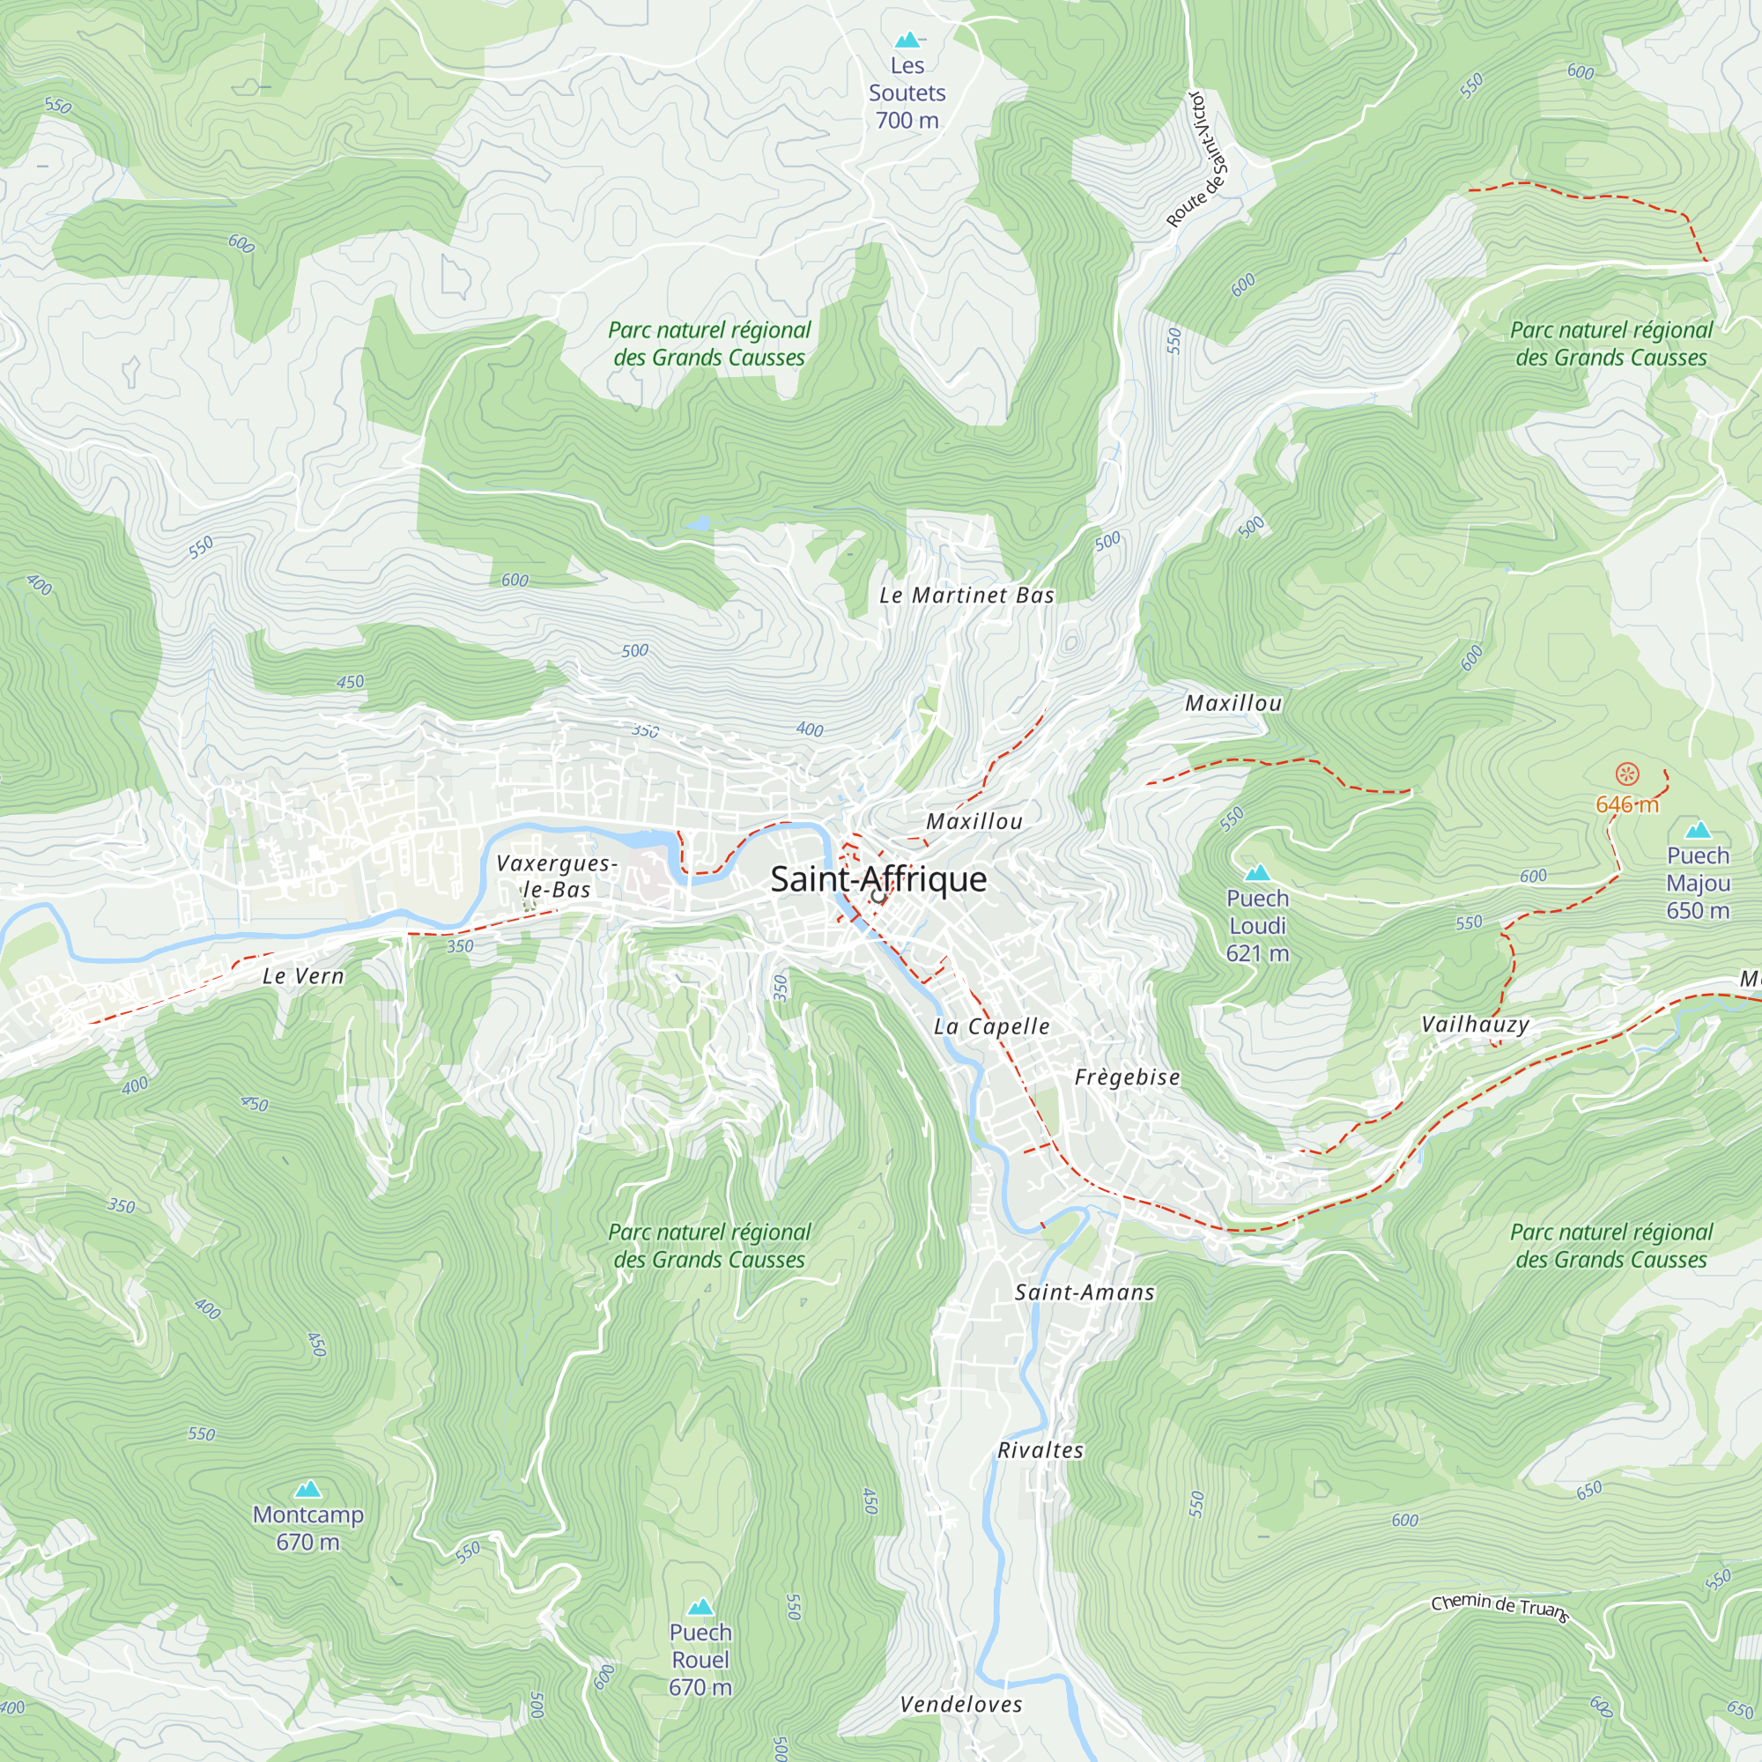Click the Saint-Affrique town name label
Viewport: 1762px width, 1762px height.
(878, 879)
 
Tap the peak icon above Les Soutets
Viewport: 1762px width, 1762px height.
(907, 41)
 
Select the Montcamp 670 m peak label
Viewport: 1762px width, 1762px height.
(308, 1528)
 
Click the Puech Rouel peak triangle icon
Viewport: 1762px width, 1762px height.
(700, 1607)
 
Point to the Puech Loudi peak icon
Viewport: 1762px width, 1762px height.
(1258, 873)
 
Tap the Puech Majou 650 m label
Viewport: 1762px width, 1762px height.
(1698, 883)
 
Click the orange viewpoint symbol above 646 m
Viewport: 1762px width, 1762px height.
(1627, 775)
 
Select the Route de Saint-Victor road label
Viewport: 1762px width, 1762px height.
(1198, 159)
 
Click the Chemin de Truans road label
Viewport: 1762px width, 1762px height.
(1499, 1607)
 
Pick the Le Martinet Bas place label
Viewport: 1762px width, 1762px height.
(966, 596)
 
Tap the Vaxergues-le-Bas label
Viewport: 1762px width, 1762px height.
(556, 877)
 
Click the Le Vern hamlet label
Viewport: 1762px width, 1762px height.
(304, 977)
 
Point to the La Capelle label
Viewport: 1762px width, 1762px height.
(991, 1027)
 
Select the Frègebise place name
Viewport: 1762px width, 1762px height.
(1128, 1078)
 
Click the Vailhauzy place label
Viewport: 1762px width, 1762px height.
(1475, 1025)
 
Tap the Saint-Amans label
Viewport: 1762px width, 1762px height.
(1085, 1292)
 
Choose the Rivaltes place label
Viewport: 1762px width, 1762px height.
(1040, 1451)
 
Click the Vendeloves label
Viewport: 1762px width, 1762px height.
(961, 1705)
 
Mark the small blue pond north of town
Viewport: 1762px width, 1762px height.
(698, 523)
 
